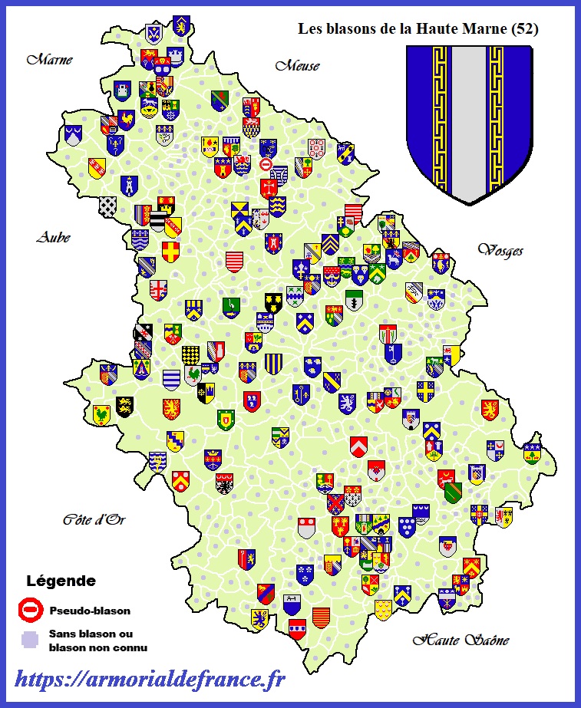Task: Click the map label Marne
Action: [x=50, y=59]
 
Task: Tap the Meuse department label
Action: [x=297, y=66]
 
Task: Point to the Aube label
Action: [x=53, y=237]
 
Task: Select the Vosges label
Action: [x=500, y=250]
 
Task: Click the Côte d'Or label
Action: [x=94, y=520]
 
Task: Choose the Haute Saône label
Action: [x=461, y=640]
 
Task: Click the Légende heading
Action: [x=61, y=581]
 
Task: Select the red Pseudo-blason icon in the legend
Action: [x=30, y=611]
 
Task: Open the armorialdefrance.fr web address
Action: [x=150, y=678]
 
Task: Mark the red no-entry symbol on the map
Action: [x=266, y=164]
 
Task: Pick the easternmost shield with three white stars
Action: [x=532, y=453]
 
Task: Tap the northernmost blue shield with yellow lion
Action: [x=181, y=24]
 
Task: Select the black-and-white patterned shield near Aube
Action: [x=108, y=206]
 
